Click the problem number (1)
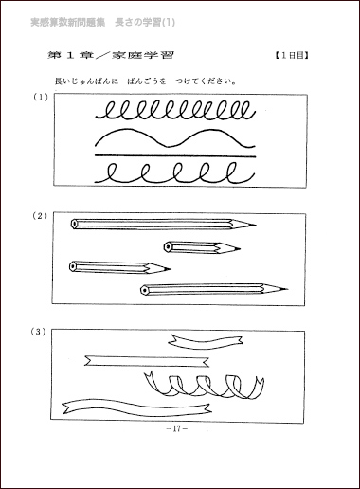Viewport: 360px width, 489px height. tap(39, 97)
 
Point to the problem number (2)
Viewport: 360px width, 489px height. tap(39, 216)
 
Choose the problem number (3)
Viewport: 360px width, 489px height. tap(39, 332)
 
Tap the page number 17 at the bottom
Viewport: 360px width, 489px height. tap(177, 428)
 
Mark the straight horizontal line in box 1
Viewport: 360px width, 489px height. tap(174, 155)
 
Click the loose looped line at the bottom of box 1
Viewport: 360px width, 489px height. tap(176, 173)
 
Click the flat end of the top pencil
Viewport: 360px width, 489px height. tap(74, 225)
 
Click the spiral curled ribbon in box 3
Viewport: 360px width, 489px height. tap(201, 384)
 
